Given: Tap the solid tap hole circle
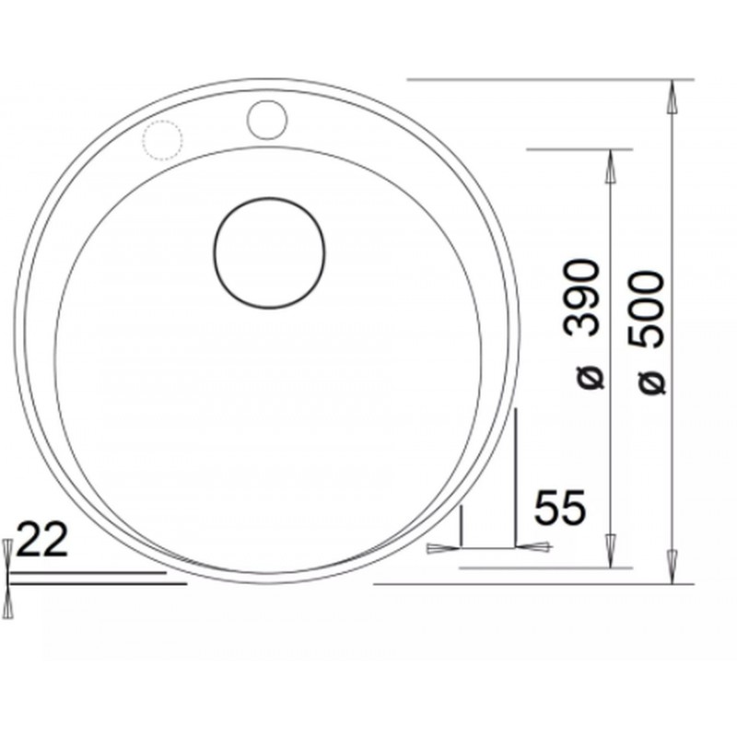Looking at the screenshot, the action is [x=247, y=121].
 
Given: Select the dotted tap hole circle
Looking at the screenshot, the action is [x=143, y=140].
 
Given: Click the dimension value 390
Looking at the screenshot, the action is [x=583, y=298].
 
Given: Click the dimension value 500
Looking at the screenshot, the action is [x=648, y=310].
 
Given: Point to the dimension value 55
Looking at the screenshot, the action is [x=560, y=507].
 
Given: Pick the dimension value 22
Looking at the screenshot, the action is [x=42, y=540].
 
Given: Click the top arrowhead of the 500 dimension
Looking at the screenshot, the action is [x=673, y=97].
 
